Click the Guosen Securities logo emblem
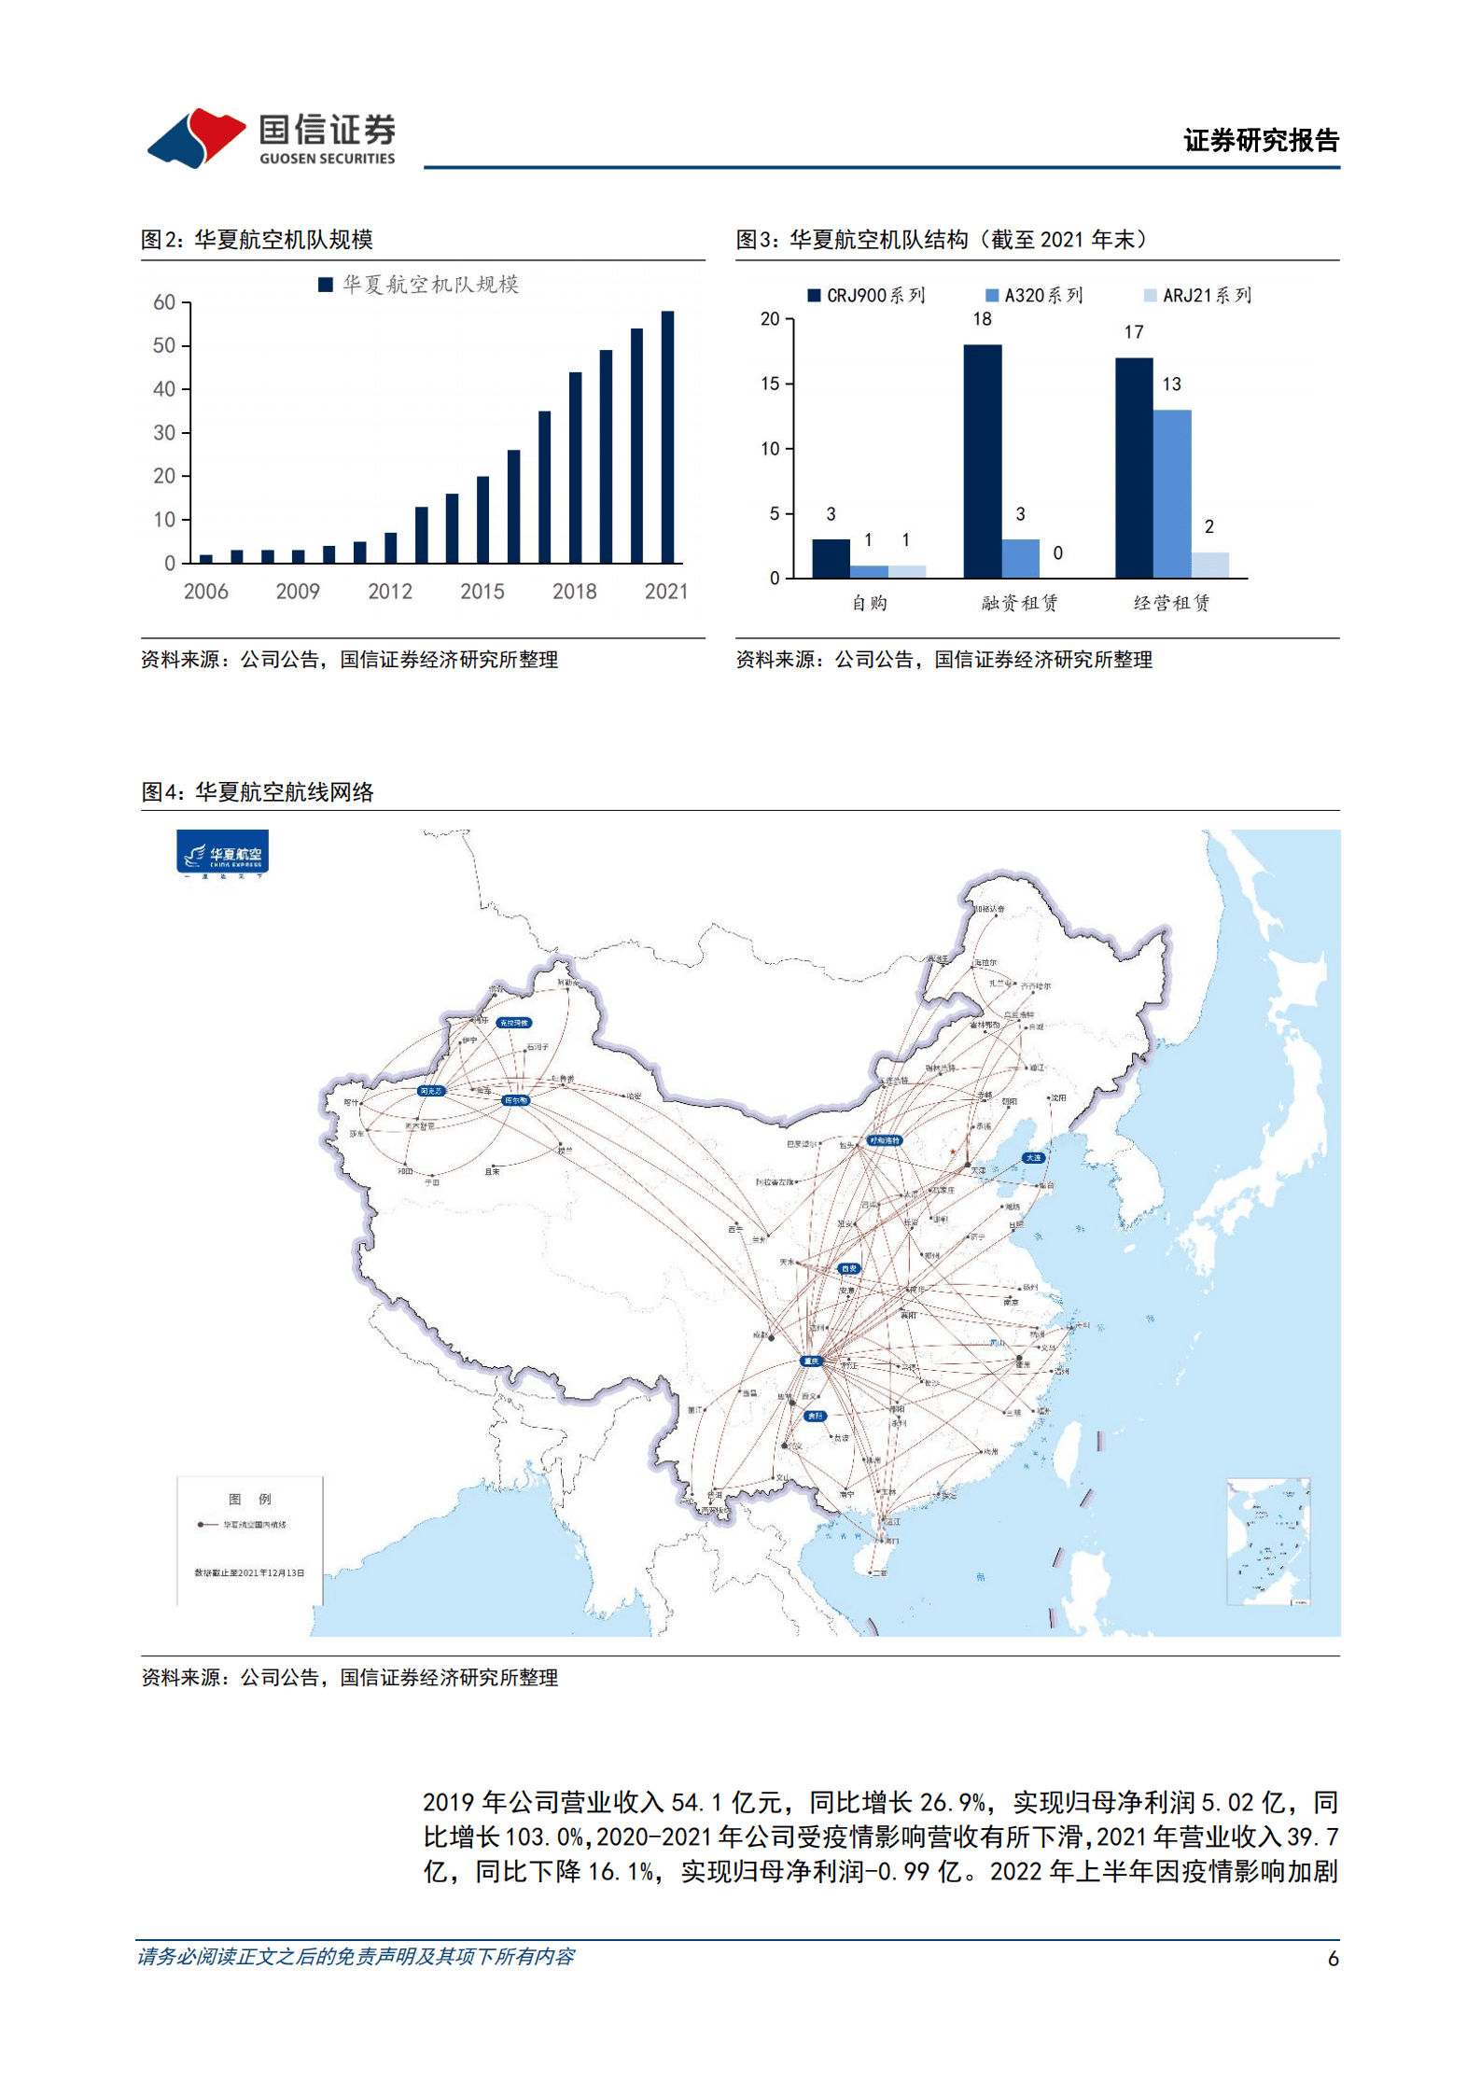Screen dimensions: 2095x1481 [x=196, y=138]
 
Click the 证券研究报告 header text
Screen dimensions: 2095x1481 [x=1260, y=141]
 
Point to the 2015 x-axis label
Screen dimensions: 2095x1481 [x=482, y=592]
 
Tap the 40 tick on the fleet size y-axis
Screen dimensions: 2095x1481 [x=164, y=389]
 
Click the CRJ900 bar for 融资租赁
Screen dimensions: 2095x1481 [x=982, y=461]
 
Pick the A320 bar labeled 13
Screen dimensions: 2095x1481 [x=1171, y=494]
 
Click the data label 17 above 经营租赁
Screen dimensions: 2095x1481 [x=1133, y=333]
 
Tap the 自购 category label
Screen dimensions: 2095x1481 [x=869, y=603]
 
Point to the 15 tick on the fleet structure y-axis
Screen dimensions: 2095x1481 [x=770, y=384]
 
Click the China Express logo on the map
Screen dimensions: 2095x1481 [x=222, y=854]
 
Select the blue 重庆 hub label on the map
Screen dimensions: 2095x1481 [x=810, y=1362]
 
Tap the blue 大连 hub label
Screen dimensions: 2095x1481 [x=1032, y=1157]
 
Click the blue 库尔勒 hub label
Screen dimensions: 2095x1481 [x=516, y=1100]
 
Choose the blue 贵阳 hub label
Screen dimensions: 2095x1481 [x=815, y=1416]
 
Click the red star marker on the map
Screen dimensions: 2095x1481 [x=952, y=1152]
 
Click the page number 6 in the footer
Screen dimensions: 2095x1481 [x=1333, y=1958]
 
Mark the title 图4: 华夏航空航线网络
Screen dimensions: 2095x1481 [x=258, y=792]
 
